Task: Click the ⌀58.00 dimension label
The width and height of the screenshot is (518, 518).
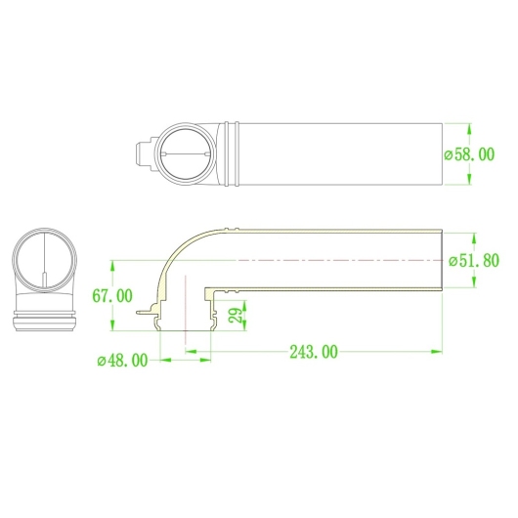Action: (469, 154)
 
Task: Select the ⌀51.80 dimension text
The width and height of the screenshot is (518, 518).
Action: (474, 261)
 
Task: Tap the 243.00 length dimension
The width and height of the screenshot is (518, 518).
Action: (314, 352)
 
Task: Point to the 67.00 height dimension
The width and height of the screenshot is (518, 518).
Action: (112, 296)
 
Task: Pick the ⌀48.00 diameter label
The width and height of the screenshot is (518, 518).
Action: (122, 361)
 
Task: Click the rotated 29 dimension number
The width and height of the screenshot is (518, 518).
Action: (237, 316)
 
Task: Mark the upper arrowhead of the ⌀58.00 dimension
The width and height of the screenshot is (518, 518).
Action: (469, 129)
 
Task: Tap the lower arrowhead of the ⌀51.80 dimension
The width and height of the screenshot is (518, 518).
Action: (475, 281)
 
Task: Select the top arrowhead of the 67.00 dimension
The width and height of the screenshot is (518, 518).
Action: (112, 267)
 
